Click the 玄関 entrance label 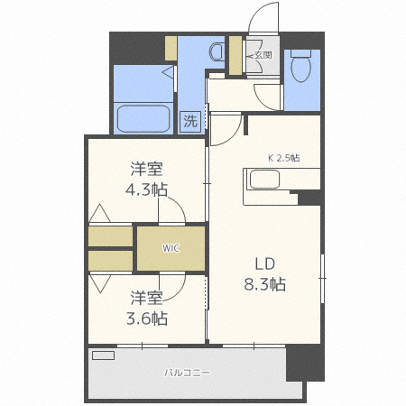pyautogui.click(x=263, y=54)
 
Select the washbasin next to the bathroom pyautogui.click(x=217, y=49)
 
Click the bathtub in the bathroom pyautogui.click(x=143, y=117)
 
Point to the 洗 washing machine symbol pyautogui.click(x=190, y=120)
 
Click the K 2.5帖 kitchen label pyautogui.click(x=283, y=156)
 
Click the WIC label pyautogui.click(x=171, y=248)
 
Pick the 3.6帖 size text pyautogui.click(x=147, y=317)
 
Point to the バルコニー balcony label pyautogui.click(x=187, y=372)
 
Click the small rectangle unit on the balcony pyautogui.click(x=104, y=355)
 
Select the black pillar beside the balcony pyautogui.click(x=304, y=362)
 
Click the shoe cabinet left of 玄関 pyautogui.click(x=235, y=56)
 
